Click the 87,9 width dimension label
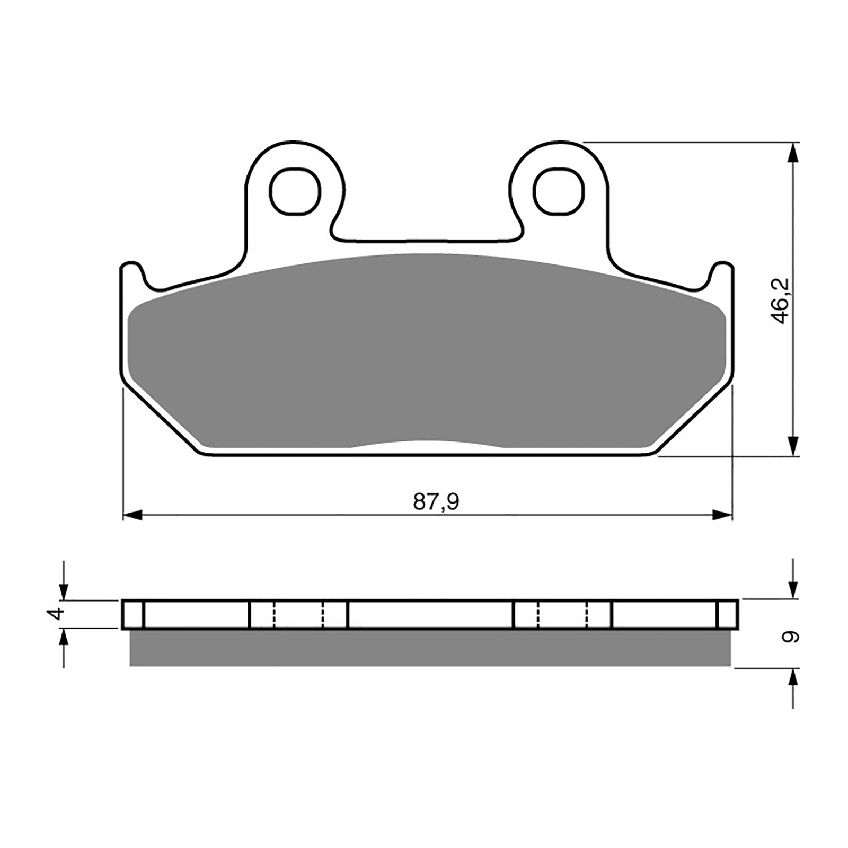click(436, 501)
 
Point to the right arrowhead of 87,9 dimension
click(722, 515)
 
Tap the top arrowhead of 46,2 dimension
click(793, 154)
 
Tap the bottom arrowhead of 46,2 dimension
click(793, 444)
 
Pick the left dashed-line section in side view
click(298, 614)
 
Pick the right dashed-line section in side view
click(562, 614)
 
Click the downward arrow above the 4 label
click(64, 588)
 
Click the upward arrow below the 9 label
click(793, 679)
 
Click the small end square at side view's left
click(132, 614)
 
